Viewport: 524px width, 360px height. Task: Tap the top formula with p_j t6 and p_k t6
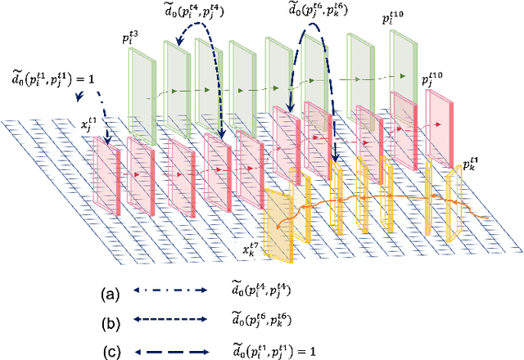[327, 9]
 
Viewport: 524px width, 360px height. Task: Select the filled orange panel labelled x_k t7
[280, 214]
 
